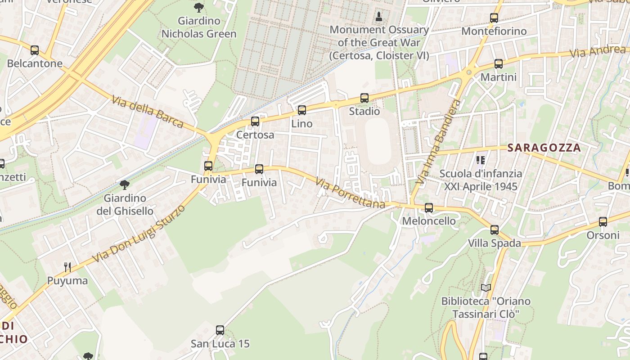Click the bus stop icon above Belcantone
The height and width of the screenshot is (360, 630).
point(35,50)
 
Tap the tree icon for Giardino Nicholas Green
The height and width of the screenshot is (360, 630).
point(199,7)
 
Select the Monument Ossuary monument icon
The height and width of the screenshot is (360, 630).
point(379,17)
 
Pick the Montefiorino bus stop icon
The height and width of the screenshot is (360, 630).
point(494,18)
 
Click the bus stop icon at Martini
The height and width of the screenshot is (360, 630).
point(498,64)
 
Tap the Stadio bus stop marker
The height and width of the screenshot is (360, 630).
point(364,98)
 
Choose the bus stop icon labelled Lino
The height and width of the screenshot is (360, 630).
point(301,110)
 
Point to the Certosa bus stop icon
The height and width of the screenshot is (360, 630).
point(255,121)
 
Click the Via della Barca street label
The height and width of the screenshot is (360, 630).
point(148,112)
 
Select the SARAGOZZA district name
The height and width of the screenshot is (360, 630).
point(544,148)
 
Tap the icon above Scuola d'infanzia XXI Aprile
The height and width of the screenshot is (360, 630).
point(481,160)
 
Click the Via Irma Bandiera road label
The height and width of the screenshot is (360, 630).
point(437,142)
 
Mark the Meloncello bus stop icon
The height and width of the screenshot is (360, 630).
point(429,207)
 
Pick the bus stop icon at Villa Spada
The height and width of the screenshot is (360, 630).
point(494,230)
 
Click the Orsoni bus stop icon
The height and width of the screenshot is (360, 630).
point(603,222)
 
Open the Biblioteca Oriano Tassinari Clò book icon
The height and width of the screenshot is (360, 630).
point(486,288)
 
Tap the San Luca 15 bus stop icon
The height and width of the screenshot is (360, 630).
point(220,330)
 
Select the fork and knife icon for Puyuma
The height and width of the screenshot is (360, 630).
point(67,267)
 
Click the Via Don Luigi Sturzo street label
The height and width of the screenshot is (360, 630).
point(139,234)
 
